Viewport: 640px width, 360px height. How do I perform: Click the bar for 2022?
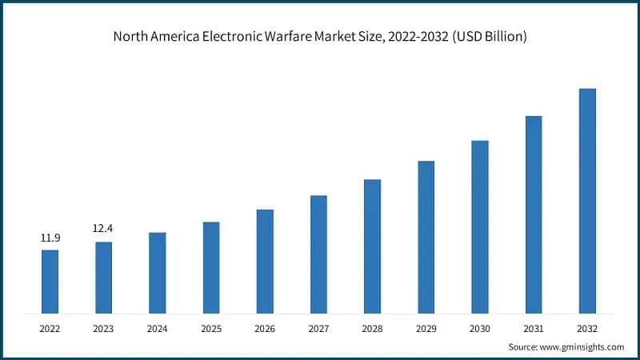coord(50,281)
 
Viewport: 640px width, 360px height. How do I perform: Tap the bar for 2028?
coord(372,246)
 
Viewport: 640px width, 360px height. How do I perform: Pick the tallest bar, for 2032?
coord(587,200)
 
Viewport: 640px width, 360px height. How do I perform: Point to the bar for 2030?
coord(480,226)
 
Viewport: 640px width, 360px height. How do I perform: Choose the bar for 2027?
coord(318,254)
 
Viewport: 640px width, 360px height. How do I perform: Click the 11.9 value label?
coord(50,238)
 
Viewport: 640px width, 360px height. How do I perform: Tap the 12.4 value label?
coord(103,229)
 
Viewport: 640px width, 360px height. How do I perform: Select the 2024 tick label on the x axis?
coord(157,328)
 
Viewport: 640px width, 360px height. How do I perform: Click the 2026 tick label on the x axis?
coord(265,328)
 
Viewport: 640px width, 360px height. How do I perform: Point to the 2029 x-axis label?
coord(426,328)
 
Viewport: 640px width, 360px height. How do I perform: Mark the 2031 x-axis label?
coord(534,328)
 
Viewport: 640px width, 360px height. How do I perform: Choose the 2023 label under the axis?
coord(103,328)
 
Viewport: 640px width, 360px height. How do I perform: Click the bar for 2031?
coord(534,214)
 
